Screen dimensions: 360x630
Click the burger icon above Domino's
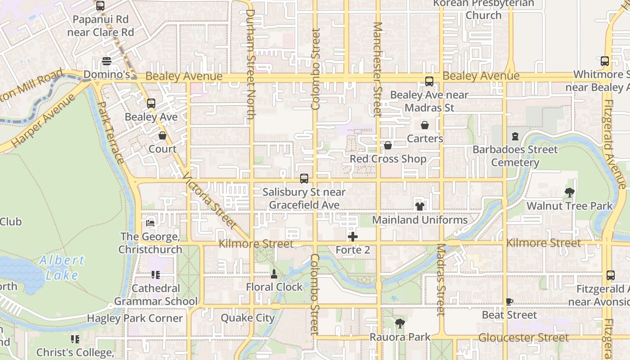(107, 61)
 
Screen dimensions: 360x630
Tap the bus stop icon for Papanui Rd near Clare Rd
(100, 6)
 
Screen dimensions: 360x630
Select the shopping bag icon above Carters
(424, 125)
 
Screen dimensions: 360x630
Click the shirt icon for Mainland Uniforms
(419, 207)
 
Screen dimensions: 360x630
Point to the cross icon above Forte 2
(353, 237)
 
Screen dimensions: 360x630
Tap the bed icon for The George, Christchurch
(151, 223)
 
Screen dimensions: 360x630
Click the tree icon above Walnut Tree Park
(569, 193)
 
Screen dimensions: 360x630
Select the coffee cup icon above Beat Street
(509, 301)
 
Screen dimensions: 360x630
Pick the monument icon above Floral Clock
(274, 274)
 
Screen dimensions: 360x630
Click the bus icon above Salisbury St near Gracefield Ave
(304, 179)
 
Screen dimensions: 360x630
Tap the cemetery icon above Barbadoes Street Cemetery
(515, 136)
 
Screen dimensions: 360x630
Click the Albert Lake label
(62, 267)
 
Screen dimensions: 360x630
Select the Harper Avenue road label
(43, 121)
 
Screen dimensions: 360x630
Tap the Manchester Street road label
(377, 70)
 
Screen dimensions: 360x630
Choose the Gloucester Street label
(523, 337)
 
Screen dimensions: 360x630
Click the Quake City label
(247, 318)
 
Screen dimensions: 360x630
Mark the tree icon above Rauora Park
(400, 323)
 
